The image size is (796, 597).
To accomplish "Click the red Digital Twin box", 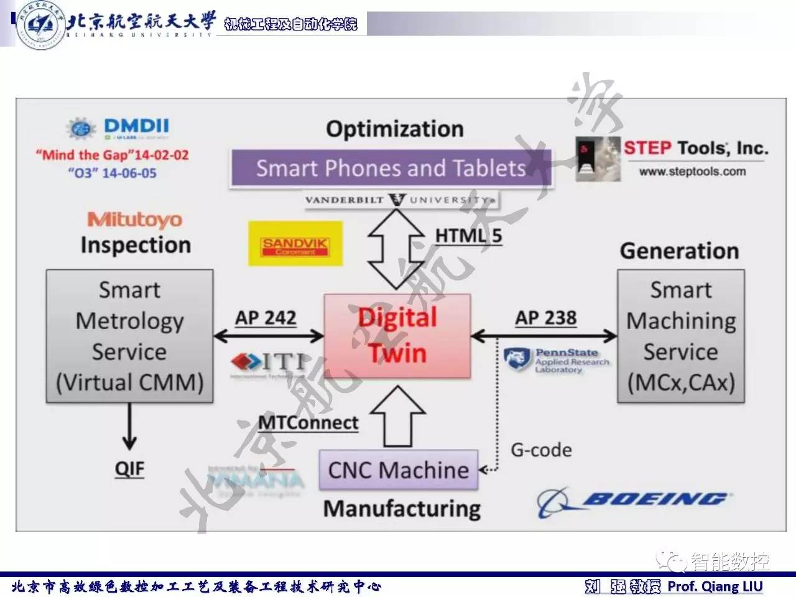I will pyautogui.click(x=397, y=336).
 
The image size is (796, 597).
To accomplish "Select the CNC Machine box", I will pyautogui.click(x=398, y=470).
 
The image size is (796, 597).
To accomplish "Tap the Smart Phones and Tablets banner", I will pyautogui.click(x=391, y=168).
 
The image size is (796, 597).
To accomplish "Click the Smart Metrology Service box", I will pyautogui.click(x=129, y=336).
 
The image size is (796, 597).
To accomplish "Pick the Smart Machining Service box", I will pyautogui.click(x=680, y=336).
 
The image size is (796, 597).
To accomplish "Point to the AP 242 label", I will pyautogui.click(x=266, y=318).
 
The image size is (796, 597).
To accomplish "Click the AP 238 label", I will pyautogui.click(x=545, y=318).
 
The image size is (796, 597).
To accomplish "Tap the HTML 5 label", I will pyautogui.click(x=468, y=236).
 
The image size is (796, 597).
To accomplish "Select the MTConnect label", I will pyautogui.click(x=308, y=423).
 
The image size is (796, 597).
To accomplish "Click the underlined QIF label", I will pyautogui.click(x=129, y=468).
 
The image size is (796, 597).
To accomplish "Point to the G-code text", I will pyautogui.click(x=541, y=450).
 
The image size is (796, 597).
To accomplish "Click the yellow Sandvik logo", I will pyautogui.click(x=295, y=244).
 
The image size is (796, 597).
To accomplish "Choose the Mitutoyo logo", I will pyautogui.click(x=134, y=220).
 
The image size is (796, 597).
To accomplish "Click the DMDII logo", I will pyautogui.click(x=118, y=128).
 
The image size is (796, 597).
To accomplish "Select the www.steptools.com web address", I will pyautogui.click(x=692, y=172).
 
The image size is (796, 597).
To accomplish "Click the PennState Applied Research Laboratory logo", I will pyautogui.click(x=557, y=360).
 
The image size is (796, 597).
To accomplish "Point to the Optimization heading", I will pyautogui.click(x=395, y=129).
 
